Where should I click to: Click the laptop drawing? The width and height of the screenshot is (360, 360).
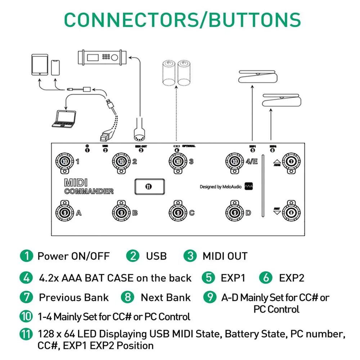coord(64,119)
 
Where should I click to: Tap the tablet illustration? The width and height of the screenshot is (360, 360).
coord(39,65)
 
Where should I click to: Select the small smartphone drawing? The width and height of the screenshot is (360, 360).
coord(55,67)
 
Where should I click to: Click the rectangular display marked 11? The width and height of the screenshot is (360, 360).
coord(148,186)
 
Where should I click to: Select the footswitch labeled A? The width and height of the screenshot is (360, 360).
coord(65,212)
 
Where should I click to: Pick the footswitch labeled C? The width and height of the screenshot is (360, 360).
coord(178,212)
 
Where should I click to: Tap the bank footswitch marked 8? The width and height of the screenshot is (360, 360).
coord(291,212)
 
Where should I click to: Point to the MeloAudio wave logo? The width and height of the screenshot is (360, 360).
coord(249,186)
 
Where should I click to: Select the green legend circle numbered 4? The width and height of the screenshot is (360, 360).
coord(26,278)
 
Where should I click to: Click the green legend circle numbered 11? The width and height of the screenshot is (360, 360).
coord(26,334)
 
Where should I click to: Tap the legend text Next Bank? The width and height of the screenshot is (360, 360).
coord(166,297)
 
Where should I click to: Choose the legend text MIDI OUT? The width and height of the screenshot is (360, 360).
coord(225,256)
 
